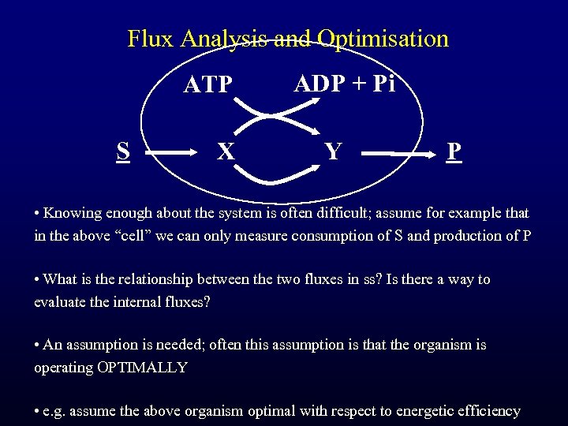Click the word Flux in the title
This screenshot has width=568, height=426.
151,39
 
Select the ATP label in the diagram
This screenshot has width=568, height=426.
208,84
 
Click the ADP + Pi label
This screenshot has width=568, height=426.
344,84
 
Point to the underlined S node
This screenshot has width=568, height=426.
123,151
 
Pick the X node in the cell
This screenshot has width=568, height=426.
226,151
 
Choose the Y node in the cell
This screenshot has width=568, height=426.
333,151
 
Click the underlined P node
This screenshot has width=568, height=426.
454,151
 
